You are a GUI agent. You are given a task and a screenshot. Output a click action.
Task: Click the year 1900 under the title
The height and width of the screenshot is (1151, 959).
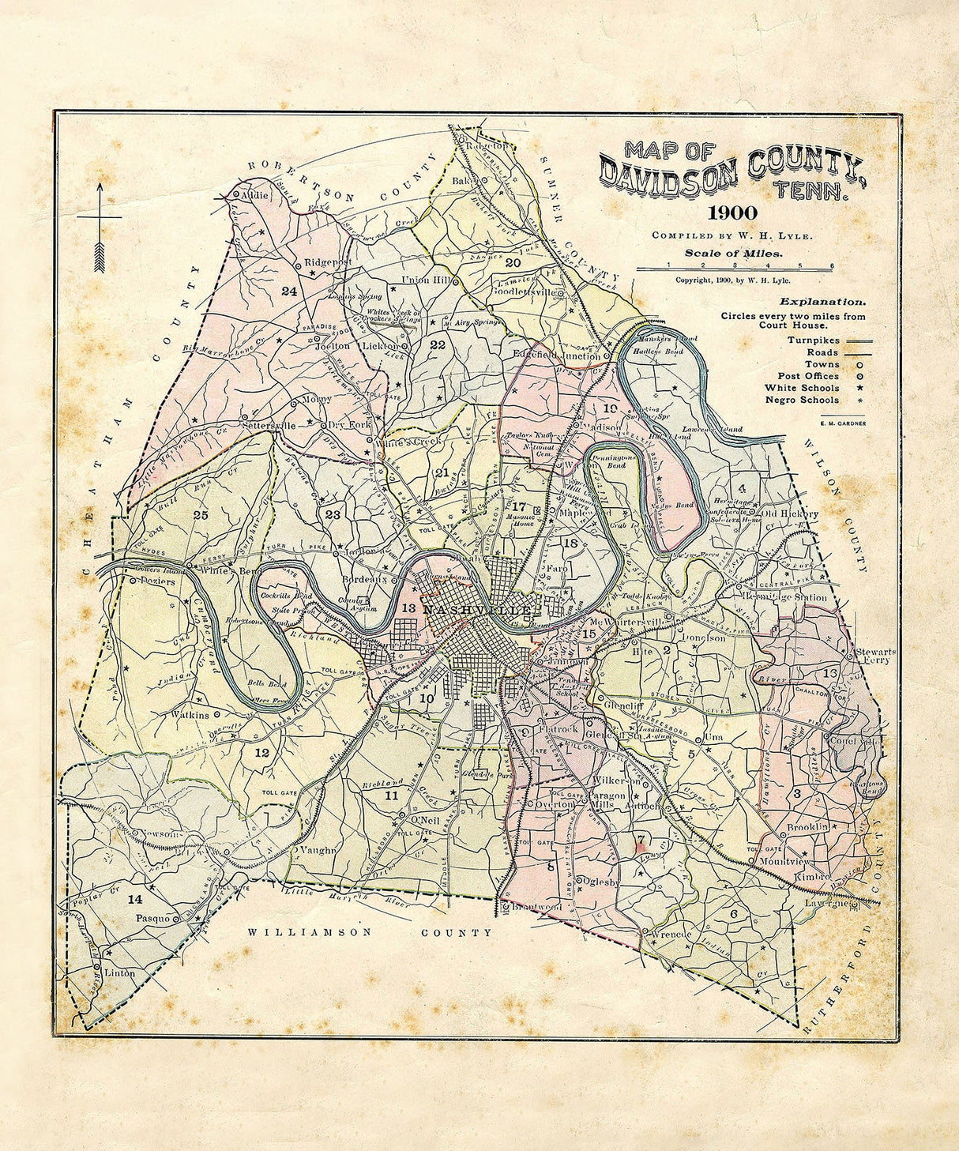pyautogui.click(x=732, y=213)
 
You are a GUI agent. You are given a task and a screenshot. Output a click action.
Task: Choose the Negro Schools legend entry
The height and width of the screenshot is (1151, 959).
pyautogui.click(x=802, y=400)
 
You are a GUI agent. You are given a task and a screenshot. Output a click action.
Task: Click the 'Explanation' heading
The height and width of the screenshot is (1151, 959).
pyautogui.click(x=822, y=301)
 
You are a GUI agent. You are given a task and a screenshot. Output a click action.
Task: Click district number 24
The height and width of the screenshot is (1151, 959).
pyautogui.click(x=288, y=292)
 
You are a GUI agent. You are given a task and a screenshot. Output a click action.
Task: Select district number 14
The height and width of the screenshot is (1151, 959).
pyautogui.click(x=135, y=898)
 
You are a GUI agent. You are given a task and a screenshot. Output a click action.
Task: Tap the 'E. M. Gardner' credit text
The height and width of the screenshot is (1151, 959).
pyautogui.click(x=843, y=423)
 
